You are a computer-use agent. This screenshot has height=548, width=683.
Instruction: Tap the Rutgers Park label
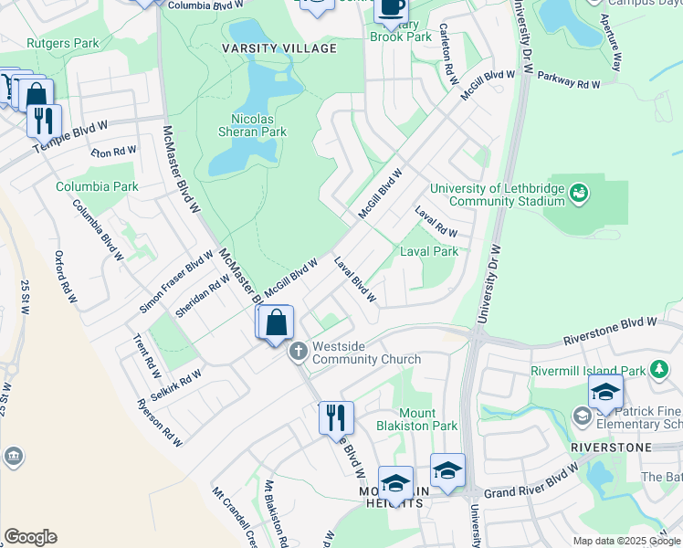click(x=62, y=43)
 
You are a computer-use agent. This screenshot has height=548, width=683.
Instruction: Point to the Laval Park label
click(x=429, y=251)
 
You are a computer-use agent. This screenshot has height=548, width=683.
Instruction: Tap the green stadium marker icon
click(x=578, y=194)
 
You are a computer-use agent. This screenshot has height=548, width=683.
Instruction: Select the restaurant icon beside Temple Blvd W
click(x=43, y=121)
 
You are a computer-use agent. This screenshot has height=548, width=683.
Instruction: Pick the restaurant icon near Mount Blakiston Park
click(x=336, y=417)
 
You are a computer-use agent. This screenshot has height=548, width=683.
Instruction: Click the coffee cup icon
click(x=392, y=7)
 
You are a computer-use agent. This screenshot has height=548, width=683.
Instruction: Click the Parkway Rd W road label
click(x=568, y=81)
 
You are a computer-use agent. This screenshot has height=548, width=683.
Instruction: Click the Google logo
click(x=30, y=537)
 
